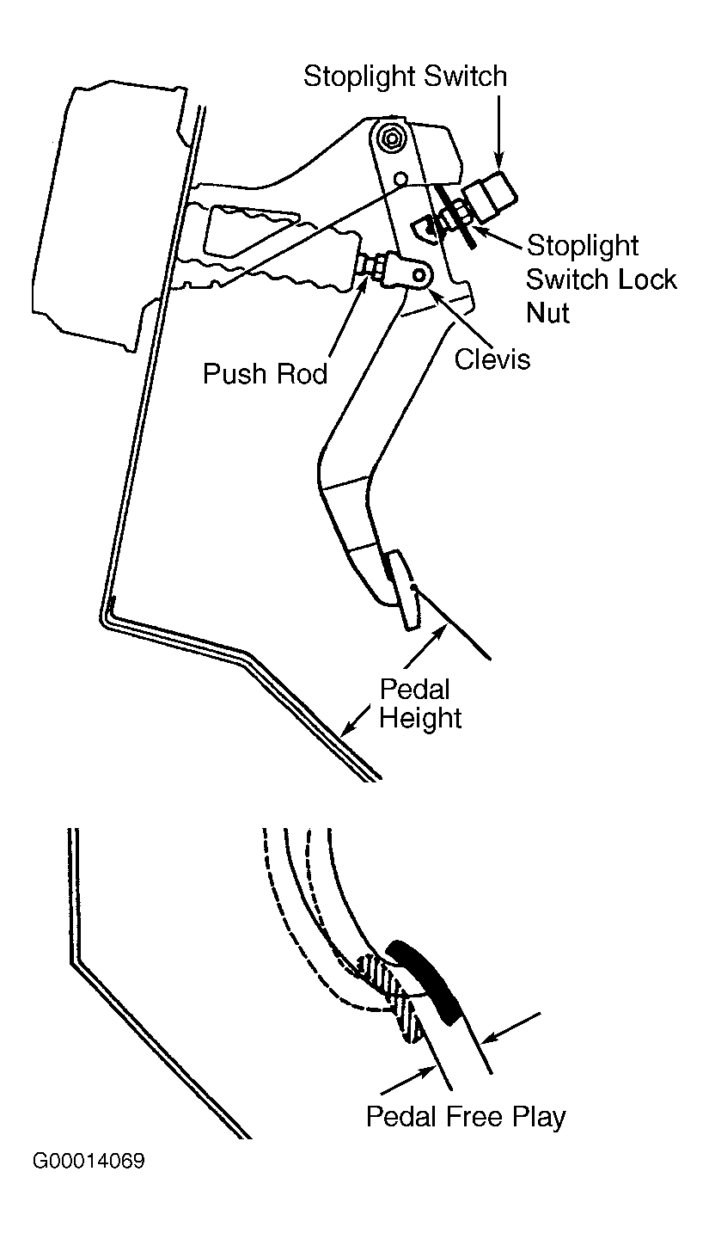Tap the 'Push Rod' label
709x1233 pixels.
click(265, 374)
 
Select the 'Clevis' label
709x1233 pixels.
click(492, 359)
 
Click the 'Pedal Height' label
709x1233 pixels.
click(420, 704)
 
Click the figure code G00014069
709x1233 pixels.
click(89, 1162)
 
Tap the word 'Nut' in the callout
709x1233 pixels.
click(547, 313)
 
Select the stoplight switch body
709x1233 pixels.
click(491, 197)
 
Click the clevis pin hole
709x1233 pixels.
click(421, 274)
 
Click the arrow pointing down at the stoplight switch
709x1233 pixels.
click(499, 132)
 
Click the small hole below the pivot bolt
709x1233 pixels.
click(400, 179)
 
